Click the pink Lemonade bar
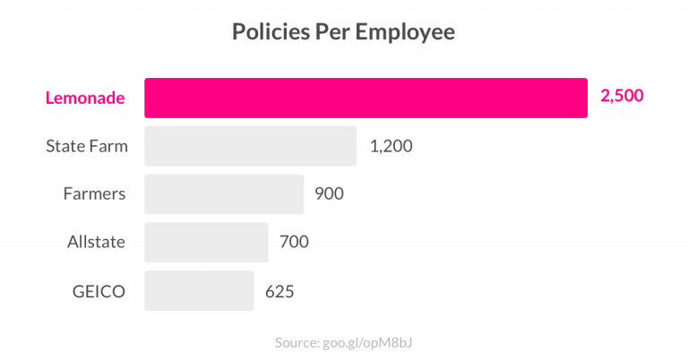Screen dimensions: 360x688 365,98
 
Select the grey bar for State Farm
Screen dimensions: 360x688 250,146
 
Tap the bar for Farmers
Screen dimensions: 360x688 223,193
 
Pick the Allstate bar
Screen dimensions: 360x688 206,242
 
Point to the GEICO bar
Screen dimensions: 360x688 199,290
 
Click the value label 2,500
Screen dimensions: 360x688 622,97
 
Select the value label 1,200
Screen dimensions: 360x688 391,146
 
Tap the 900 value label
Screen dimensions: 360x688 329,193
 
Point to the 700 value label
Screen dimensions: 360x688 294,242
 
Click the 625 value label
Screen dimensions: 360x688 279,291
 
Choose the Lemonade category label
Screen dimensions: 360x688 85,98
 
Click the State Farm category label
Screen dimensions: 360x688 87,146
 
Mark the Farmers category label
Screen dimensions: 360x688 94,193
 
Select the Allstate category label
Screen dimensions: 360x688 96,242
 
